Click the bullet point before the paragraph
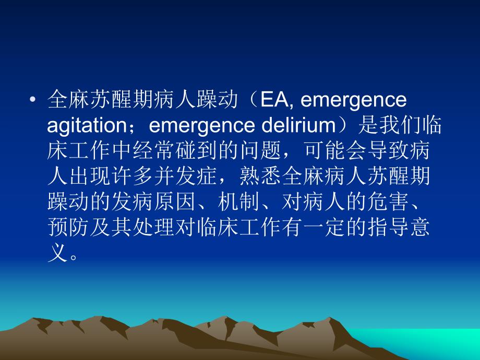tap(33, 100)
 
